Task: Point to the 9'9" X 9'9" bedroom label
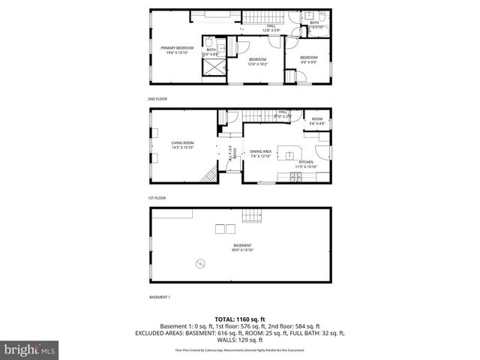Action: pyautogui.click(x=308, y=60)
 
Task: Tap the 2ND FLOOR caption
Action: pyautogui.click(x=158, y=98)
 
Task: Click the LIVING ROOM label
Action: pyautogui.click(x=182, y=145)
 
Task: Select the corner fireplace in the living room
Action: pyautogui.click(x=211, y=176)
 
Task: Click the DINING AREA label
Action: pyautogui.click(x=261, y=153)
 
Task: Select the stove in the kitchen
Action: pyautogui.click(x=295, y=177)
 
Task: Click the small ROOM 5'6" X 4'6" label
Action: pyautogui.click(x=317, y=121)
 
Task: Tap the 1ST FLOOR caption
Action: pyautogui.click(x=157, y=198)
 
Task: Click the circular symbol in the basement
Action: pyautogui.click(x=200, y=262)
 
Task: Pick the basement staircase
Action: pyautogui.click(x=253, y=216)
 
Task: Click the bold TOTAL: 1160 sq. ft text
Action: pyautogui.click(x=239, y=319)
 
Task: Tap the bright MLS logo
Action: pyautogui.click(x=29, y=349)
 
